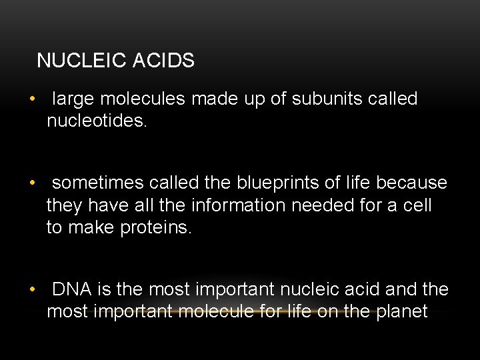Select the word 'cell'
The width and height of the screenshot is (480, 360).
417,205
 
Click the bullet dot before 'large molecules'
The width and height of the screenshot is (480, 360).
31,100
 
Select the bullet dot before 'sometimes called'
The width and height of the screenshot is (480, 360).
31,183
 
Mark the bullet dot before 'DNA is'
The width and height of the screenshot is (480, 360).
31,290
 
